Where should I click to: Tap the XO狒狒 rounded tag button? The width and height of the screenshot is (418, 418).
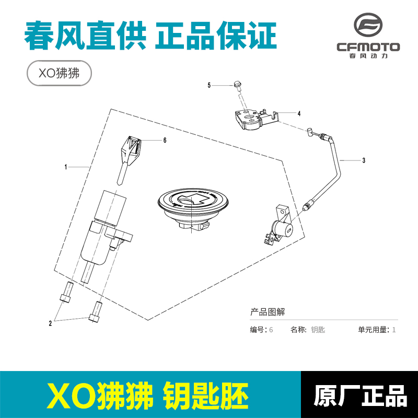coord(59,74)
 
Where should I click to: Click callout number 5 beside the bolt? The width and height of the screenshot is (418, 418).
coord(209,85)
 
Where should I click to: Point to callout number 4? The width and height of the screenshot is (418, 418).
coord(299,113)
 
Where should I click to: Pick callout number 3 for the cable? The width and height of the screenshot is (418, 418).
coord(364,161)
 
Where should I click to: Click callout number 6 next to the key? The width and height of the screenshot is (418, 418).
coord(165,141)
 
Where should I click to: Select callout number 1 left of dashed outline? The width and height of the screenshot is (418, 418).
coord(66,167)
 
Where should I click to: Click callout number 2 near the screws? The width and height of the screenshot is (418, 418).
coord(50,323)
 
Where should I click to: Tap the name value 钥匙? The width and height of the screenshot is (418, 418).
coord(318,330)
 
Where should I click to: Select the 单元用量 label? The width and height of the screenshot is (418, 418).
coord(373,330)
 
